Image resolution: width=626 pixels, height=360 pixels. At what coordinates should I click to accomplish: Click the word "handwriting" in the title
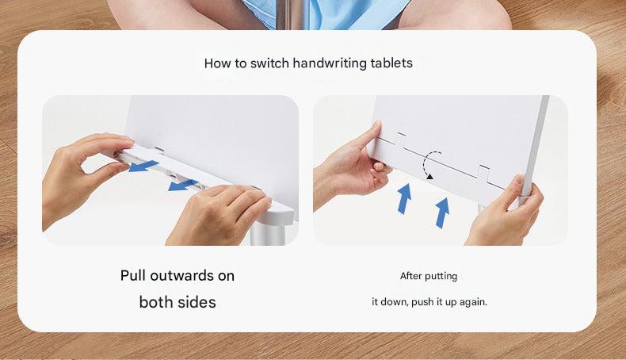point(330,63)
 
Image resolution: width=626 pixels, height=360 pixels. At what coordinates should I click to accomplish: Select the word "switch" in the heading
point(269,63)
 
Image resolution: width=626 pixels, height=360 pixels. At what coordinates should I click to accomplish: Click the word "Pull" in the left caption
point(133,276)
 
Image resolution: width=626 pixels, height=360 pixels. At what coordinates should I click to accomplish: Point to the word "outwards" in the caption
point(181,276)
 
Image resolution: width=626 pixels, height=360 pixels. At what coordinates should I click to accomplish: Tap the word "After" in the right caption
point(410,276)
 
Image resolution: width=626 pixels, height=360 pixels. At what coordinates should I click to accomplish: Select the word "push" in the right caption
point(422,302)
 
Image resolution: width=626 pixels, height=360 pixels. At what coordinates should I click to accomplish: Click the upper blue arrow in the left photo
point(143,166)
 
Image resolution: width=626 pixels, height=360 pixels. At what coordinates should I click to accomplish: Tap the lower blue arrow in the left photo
point(183,185)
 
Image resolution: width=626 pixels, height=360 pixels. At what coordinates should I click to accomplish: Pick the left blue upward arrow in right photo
point(404,198)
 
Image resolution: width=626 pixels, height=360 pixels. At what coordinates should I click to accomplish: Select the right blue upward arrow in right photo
point(442,213)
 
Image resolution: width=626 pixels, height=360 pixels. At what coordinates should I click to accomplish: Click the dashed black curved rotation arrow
point(425,164)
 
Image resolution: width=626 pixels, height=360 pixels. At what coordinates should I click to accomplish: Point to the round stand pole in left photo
point(268,233)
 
